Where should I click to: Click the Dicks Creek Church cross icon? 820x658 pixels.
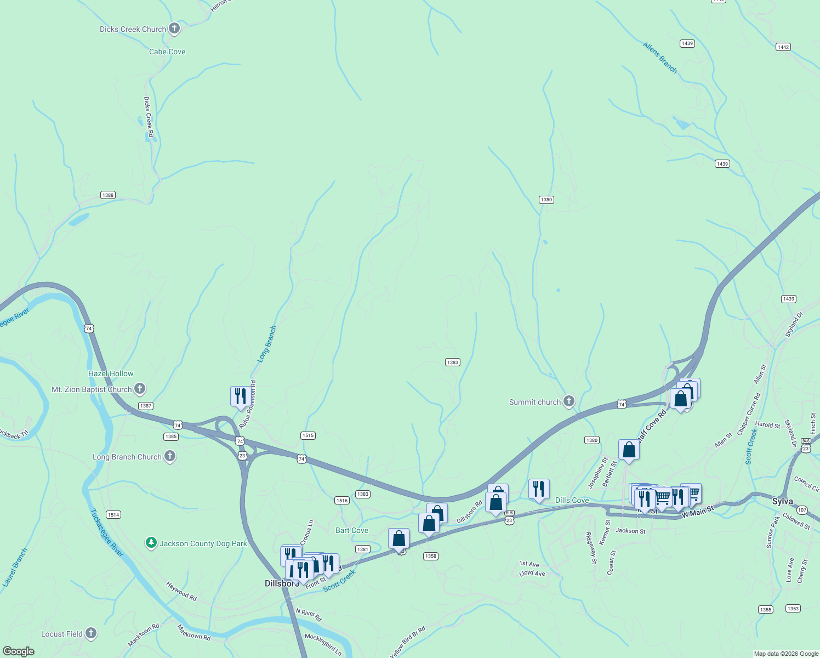[x=174, y=29]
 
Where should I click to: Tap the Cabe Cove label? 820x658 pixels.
[x=167, y=52]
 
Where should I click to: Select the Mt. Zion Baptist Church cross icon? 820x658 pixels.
[x=140, y=389]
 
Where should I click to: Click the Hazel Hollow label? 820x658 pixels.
[x=111, y=373]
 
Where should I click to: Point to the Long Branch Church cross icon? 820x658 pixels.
[x=170, y=456]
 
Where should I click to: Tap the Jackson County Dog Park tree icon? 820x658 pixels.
[x=151, y=543]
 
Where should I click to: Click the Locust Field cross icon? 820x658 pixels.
[x=91, y=633]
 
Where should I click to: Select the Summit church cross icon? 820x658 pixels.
[x=569, y=401]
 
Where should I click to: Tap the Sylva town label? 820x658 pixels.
[x=782, y=501]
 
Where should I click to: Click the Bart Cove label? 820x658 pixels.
[x=352, y=530]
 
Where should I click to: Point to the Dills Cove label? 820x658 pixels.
[x=572, y=500]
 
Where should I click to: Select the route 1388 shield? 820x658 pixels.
[x=108, y=195]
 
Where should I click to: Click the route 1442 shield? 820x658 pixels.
[x=783, y=47]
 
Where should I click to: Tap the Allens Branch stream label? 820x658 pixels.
[x=660, y=58]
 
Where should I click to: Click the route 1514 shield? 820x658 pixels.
[x=113, y=514]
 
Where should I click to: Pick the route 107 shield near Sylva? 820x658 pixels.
[x=802, y=510]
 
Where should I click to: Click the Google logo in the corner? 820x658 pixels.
[x=19, y=651]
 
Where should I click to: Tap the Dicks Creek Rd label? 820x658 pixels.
[x=149, y=117]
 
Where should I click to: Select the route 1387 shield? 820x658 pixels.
[x=145, y=406]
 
